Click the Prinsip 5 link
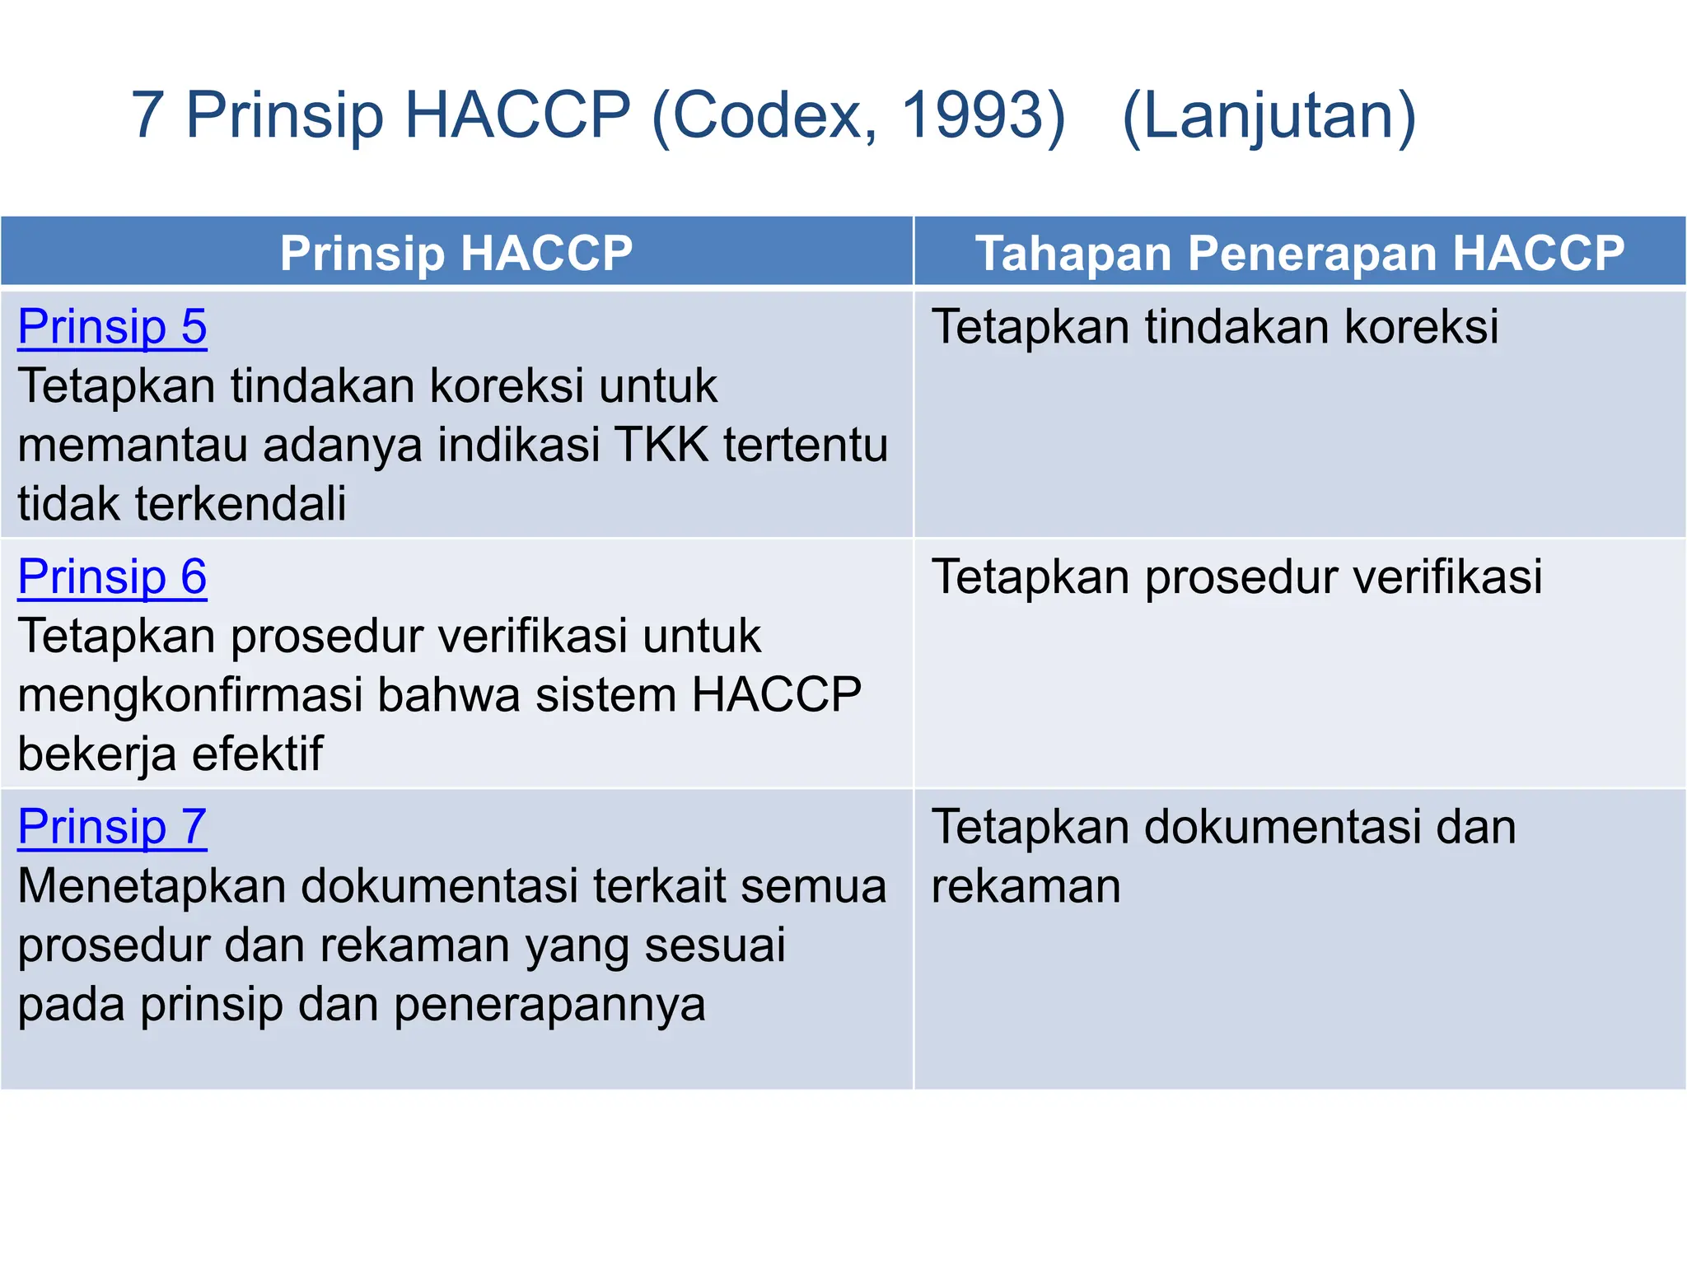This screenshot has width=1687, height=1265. pyautogui.click(x=112, y=327)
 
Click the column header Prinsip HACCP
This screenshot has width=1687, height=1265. pyautogui.click(x=456, y=253)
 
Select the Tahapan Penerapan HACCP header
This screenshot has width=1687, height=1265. pyautogui.click(x=1300, y=253)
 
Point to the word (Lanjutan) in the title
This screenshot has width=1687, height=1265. pyautogui.click(x=1269, y=116)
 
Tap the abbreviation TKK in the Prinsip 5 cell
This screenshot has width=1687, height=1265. pyautogui.click(x=661, y=446)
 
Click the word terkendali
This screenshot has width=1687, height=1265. pyautogui.click(x=241, y=504)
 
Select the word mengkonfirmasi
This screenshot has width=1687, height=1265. pyautogui.click(x=190, y=696)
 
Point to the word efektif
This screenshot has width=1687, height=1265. pyautogui.click(x=258, y=754)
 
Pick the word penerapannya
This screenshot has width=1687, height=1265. pyautogui.click(x=549, y=1006)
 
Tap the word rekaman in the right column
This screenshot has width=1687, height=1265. pyautogui.click(x=1026, y=887)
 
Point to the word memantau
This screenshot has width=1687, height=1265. pyautogui.click(x=133, y=446)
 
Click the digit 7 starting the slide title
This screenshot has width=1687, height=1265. pyautogui.click(x=147, y=114)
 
